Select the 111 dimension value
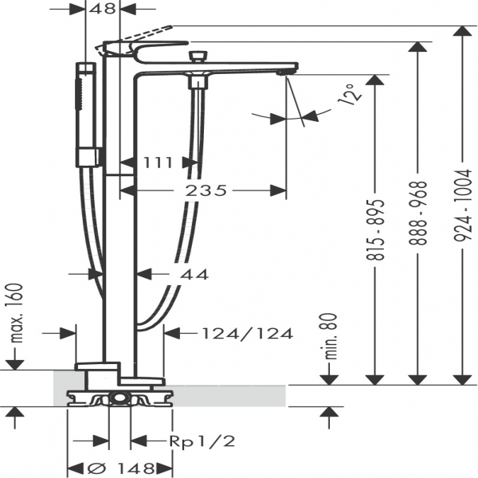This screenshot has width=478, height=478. [x=159, y=163]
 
